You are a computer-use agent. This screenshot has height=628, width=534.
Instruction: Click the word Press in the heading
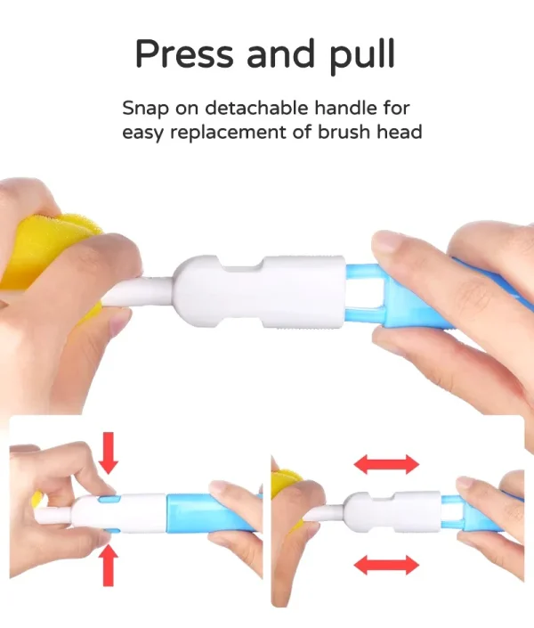pos(184,53)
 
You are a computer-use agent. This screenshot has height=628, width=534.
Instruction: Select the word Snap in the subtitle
pos(145,109)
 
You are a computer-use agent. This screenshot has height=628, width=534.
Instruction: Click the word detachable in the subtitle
pos(257,108)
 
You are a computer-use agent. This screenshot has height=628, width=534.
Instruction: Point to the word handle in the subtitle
pos(345,108)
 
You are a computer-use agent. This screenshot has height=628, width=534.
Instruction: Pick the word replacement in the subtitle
pos(228,133)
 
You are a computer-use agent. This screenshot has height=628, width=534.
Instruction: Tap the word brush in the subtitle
pos(344,132)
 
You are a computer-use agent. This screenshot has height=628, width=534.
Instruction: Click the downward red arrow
pos(108,453)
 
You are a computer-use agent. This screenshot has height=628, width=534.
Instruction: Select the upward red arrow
pos(108,566)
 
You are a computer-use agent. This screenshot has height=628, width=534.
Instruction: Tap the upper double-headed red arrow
pos(386,464)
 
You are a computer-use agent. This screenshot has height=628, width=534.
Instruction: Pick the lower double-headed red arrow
pos(386,565)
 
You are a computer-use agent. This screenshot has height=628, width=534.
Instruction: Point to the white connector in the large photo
pos(260,291)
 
